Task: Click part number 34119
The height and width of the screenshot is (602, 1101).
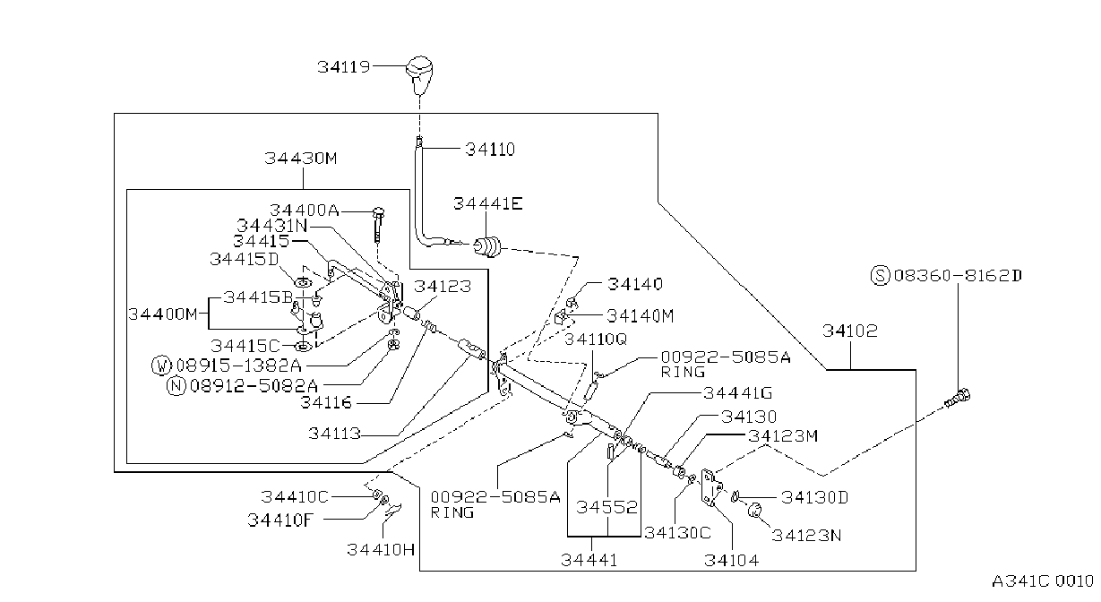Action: point(343,66)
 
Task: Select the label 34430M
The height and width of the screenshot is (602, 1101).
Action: point(301,159)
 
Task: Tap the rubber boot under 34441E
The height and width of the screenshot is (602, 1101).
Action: point(487,246)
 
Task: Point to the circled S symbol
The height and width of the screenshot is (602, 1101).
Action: point(880,275)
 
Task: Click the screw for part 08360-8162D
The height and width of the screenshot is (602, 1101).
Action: point(958,398)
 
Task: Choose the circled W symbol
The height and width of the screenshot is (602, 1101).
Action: point(161,365)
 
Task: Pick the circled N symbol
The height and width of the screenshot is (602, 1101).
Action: point(176,385)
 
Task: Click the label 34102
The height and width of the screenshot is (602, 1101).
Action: point(850,331)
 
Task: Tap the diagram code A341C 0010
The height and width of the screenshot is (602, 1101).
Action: point(1042,581)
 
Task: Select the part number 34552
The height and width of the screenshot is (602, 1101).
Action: point(606,507)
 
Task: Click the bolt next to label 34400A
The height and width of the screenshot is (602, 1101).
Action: point(378,225)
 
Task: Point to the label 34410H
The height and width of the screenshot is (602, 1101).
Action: point(381,549)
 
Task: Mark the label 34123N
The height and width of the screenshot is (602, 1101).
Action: point(806,535)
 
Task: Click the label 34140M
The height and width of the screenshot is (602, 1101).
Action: point(640,316)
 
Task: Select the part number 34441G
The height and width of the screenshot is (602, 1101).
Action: point(738,393)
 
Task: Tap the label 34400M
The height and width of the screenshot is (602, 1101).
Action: point(163,314)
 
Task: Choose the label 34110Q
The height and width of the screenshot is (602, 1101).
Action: point(595,340)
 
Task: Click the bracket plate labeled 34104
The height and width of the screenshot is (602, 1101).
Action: point(711,487)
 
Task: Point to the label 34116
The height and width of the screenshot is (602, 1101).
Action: point(326,403)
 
